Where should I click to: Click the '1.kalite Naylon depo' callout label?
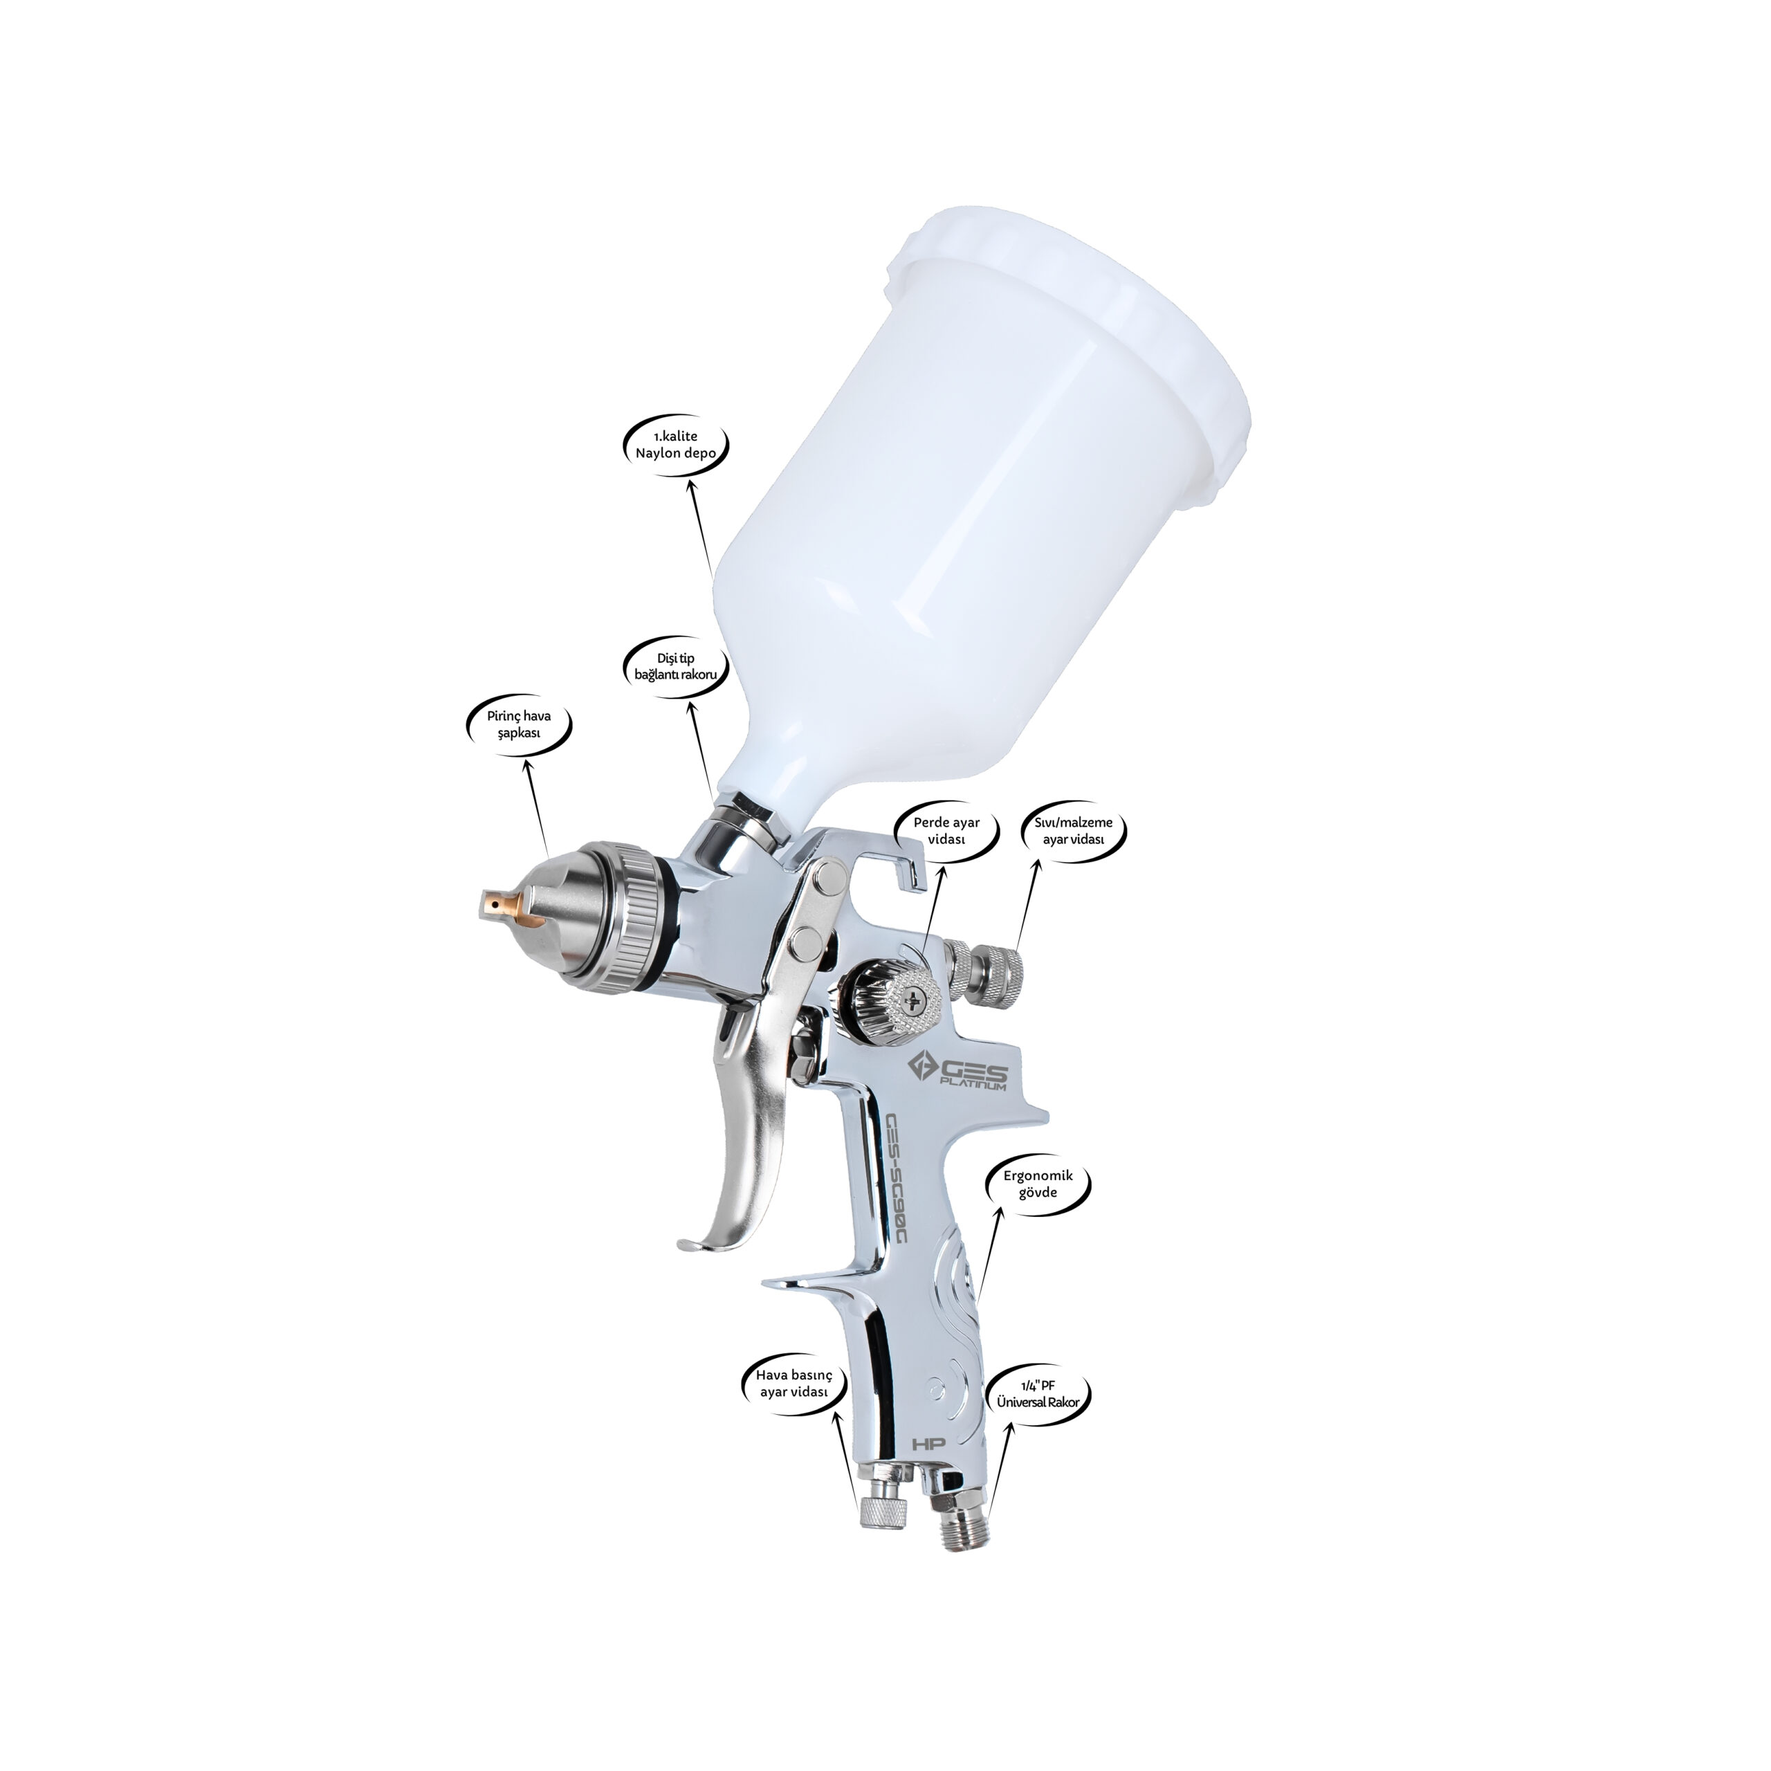[x=676, y=445]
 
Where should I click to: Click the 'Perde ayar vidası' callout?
[x=946, y=830]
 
